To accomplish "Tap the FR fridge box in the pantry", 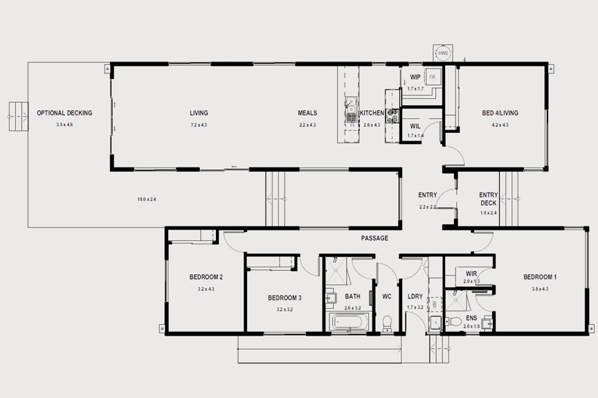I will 433,77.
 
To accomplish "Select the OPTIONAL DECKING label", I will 64,113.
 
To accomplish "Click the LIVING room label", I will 199,113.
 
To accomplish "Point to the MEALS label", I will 307,113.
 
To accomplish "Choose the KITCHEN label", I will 372,113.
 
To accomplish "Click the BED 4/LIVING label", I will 500,113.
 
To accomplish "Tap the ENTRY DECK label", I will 488,199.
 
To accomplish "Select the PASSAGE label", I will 374,238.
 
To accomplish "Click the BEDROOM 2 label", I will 206,278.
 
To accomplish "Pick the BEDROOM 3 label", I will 284,298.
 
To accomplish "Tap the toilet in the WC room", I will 387,323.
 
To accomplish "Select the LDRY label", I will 415,297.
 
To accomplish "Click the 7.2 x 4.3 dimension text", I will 199,125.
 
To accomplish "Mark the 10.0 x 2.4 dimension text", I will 147,199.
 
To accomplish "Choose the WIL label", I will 415,126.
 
